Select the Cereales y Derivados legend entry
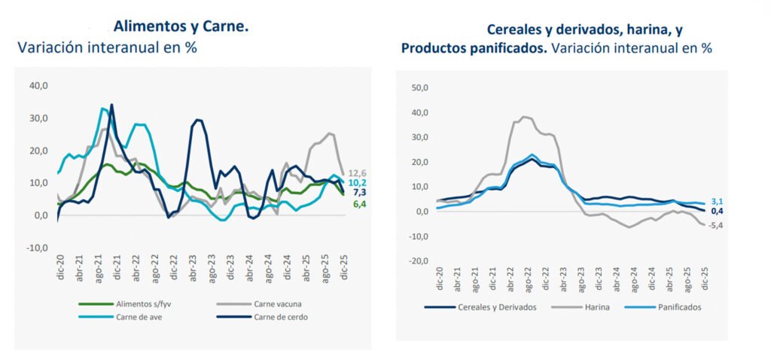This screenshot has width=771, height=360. pos(494,307)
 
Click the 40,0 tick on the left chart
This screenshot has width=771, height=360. pos(38,86)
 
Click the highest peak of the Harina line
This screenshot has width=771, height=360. pos(523,117)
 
